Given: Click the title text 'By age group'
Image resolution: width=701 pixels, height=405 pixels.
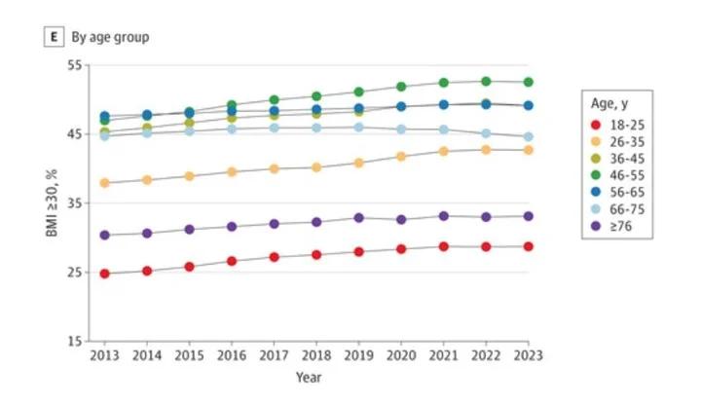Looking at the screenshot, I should coord(109,36).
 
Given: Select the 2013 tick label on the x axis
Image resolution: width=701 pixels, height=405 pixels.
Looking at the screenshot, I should coord(104,355).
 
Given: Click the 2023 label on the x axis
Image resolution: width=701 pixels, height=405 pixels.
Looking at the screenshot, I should coord(528,355).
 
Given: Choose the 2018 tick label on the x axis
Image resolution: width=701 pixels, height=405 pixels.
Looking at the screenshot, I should coord(316,355).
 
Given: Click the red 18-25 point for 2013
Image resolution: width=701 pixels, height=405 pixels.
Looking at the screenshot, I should coord(104,274).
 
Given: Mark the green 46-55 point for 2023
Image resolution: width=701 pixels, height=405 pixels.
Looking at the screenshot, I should coord(528,82).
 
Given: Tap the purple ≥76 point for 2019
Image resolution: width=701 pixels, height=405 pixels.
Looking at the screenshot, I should coord(358,218).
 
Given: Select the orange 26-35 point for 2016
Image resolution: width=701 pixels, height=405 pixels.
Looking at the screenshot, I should coord(232,171).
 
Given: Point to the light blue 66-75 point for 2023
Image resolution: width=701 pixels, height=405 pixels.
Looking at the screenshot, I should coord(528,137).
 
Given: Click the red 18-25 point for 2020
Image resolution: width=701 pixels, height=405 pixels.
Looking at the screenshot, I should coord(401,249).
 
